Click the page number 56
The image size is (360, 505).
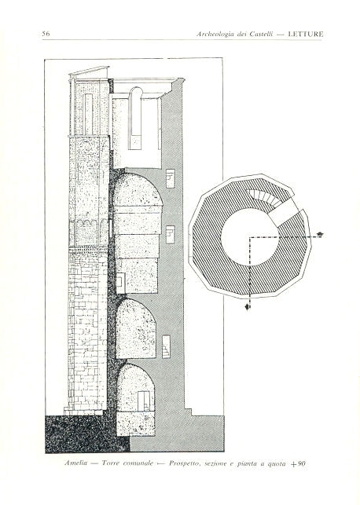[46, 34]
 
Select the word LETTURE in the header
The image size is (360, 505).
[306, 34]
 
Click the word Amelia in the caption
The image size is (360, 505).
[76, 463]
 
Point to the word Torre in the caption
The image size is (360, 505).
[111, 463]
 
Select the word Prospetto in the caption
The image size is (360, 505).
[185, 464]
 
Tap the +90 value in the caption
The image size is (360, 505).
[298, 464]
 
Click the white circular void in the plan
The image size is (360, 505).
[250, 237]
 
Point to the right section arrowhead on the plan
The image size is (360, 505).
[319, 234]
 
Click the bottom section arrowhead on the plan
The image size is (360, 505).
[248, 307]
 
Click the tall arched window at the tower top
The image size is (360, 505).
[135, 118]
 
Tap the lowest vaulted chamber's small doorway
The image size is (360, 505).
[144, 401]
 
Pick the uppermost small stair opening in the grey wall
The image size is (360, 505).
[170, 178]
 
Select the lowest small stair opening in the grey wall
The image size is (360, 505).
[166, 346]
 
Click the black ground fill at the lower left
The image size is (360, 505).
[84, 434]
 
